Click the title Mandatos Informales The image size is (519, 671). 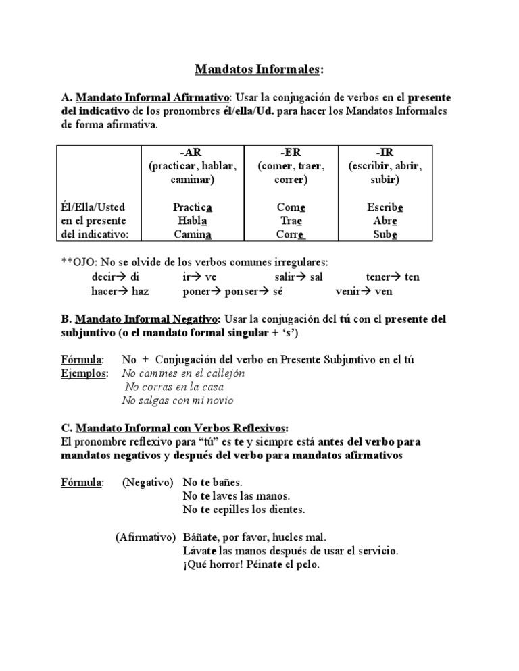(259, 69)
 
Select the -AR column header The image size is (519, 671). (191, 153)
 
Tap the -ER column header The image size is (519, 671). (291, 153)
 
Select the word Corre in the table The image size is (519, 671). (291, 234)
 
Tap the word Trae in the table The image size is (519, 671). (291, 221)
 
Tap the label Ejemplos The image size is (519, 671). (84, 373)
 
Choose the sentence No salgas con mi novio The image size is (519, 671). (177, 400)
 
